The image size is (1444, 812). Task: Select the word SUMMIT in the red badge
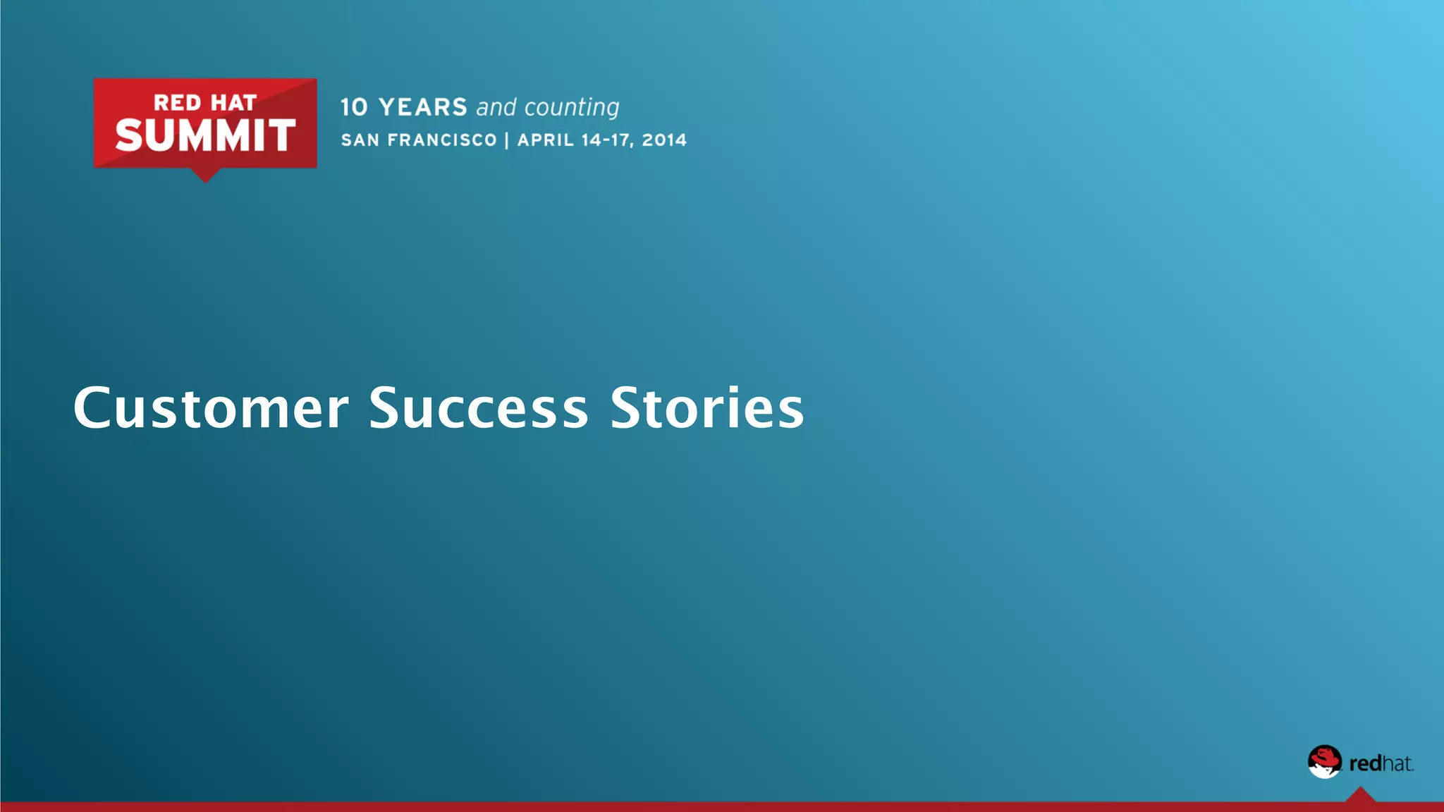coord(205,135)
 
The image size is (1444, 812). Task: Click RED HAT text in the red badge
coord(205,103)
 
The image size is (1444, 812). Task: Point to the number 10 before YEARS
coord(354,107)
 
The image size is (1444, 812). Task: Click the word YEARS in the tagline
coord(423,107)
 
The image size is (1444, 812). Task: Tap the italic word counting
coord(572,108)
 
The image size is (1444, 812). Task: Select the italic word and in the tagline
coord(496,107)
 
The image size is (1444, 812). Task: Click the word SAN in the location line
coord(360,140)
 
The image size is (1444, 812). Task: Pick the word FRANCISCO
coord(442,140)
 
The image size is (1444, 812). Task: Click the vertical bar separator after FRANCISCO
coord(507,140)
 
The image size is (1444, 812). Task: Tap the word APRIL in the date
coord(546,140)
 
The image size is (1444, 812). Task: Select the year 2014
coord(664,140)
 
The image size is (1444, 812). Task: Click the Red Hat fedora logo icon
coord(1325,762)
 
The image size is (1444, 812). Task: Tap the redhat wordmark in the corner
coord(1381,763)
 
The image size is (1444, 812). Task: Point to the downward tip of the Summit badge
coord(205,178)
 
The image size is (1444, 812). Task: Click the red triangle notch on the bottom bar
coord(1360,796)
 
